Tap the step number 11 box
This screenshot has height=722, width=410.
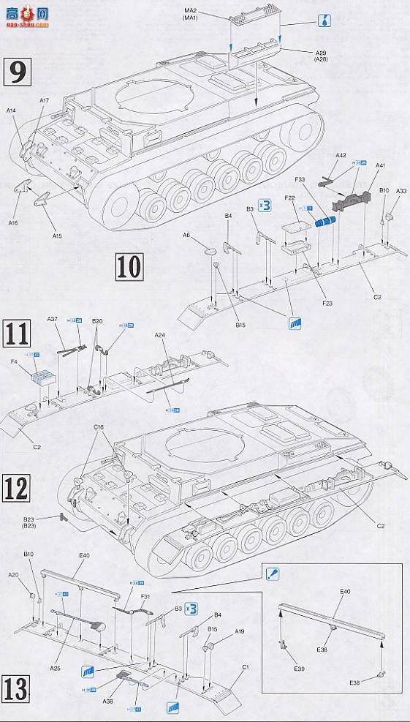pyautogui.click(x=18, y=334)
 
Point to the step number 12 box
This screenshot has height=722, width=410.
pyautogui.click(x=18, y=487)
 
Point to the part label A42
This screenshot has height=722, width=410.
pyautogui.click(x=341, y=155)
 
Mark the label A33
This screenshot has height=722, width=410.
pyautogui.click(x=401, y=191)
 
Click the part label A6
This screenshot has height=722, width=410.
pyautogui.click(x=187, y=235)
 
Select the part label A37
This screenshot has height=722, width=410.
pyautogui.click(x=52, y=319)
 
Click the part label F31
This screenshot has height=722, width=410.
pyautogui.click(x=145, y=597)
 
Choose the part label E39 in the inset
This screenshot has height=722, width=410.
pyautogui.click(x=300, y=669)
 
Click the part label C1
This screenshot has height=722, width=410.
pyautogui.click(x=246, y=668)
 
